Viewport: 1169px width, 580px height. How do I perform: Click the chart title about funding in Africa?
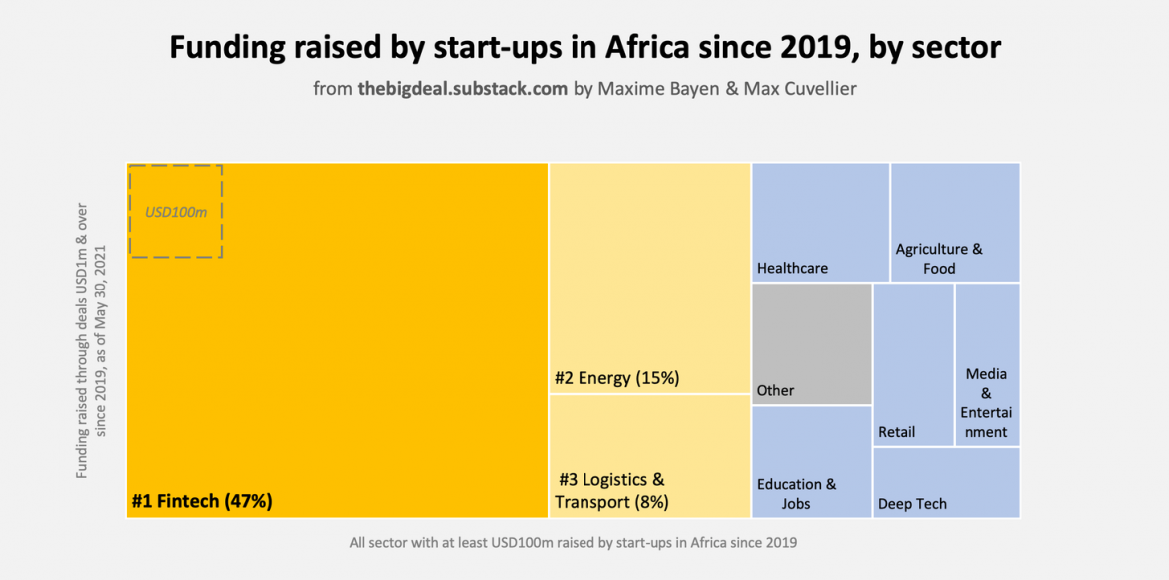584,48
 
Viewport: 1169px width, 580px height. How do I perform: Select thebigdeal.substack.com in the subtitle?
463,89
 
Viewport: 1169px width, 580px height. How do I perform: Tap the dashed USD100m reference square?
175,211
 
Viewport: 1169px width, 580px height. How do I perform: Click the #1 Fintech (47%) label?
202,501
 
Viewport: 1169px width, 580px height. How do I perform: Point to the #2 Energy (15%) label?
616,378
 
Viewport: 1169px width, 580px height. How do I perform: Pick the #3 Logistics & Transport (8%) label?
611,491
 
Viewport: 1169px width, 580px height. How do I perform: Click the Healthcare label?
792,268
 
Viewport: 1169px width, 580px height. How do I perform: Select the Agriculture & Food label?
939,258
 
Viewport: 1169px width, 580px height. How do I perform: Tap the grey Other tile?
811,344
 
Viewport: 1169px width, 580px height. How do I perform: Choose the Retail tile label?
896,432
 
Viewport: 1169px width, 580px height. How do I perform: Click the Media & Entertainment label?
986,403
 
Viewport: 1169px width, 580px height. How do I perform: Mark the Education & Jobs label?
796,494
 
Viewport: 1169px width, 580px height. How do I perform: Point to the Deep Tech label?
912,504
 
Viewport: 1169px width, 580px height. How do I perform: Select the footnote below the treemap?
573,543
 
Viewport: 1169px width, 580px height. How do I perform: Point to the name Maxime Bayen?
649,89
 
